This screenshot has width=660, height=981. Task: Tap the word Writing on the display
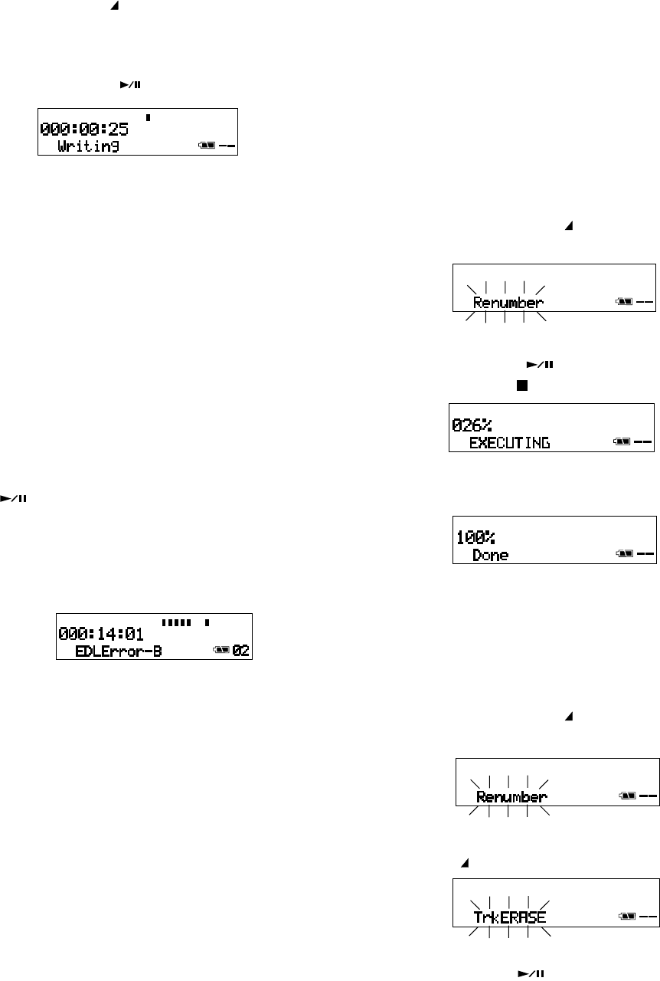click(x=89, y=145)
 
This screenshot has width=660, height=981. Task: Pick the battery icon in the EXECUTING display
click(x=622, y=442)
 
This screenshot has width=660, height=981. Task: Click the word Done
click(x=491, y=554)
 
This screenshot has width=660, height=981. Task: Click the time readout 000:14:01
click(x=102, y=634)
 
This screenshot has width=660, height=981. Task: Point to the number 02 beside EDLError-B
click(x=241, y=651)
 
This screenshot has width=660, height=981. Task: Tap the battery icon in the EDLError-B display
click(x=221, y=651)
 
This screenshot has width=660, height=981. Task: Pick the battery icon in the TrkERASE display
click(x=624, y=917)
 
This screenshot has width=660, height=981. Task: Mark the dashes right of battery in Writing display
click(x=227, y=145)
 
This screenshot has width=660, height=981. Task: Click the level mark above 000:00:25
click(x=148, y=118)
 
